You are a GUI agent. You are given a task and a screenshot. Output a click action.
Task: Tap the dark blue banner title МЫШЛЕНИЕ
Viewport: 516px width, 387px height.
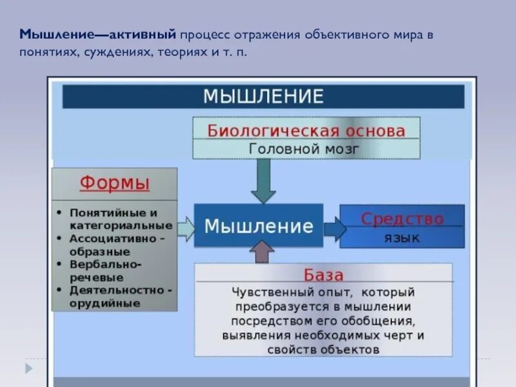263,97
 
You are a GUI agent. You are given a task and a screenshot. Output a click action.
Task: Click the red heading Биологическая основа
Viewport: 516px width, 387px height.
306,130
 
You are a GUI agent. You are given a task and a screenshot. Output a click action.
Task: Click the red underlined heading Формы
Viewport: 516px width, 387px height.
115,183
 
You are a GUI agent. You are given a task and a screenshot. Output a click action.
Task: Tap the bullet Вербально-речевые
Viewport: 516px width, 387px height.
106,270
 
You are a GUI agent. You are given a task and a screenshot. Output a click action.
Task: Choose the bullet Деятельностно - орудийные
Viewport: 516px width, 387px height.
119,296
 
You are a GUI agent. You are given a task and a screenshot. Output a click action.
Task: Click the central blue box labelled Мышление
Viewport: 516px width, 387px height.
259,226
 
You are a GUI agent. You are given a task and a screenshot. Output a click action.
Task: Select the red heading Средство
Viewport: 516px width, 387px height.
402,219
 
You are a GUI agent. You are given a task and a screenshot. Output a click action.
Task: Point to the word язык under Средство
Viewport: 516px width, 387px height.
402,238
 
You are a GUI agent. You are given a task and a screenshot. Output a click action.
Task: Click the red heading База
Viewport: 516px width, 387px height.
323,275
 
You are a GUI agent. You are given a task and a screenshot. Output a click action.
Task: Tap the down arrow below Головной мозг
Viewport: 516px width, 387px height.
263,181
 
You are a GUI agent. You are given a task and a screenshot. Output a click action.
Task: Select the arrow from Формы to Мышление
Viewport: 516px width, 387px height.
186,229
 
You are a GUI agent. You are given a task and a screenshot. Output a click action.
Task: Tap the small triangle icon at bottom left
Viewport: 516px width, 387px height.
29,368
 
